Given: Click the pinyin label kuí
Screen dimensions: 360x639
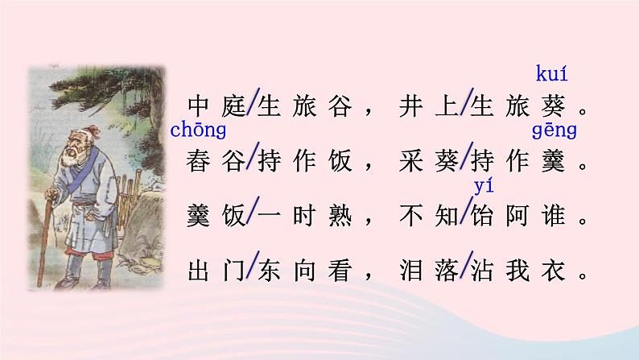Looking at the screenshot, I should coord(550,76).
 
